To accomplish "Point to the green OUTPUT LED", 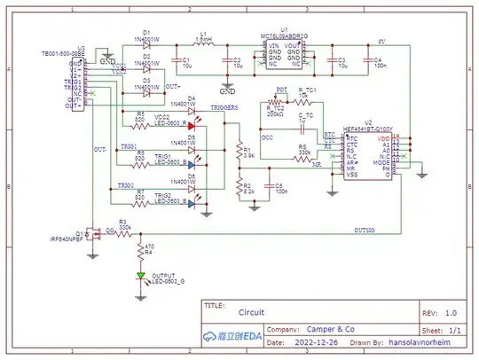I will tap(140, 276).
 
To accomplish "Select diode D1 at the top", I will tap(147, 46).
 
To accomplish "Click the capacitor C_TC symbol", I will tap(307, 122).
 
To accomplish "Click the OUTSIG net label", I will tap(365, 229).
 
